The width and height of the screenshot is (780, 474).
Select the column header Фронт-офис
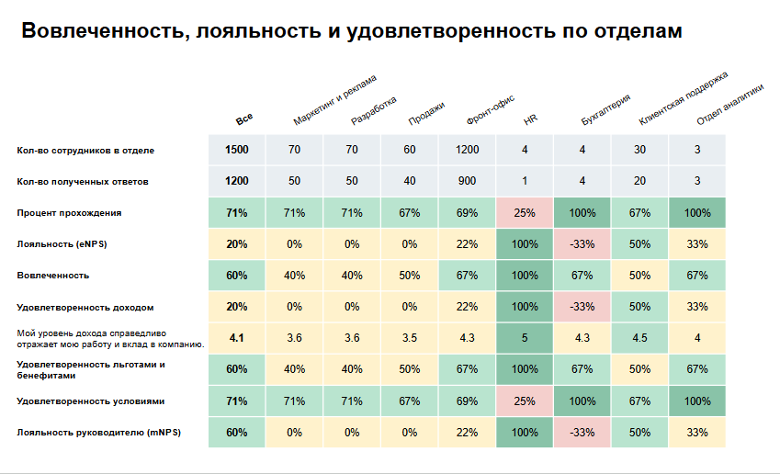(489, 109)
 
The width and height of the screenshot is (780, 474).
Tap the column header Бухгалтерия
(605, 107)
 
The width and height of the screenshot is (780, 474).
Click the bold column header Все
(243, 119)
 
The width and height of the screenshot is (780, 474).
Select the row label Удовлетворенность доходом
(79, 307)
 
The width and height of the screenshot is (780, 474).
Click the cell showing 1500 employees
(237, 150)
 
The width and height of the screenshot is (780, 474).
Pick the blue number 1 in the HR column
(525, 181)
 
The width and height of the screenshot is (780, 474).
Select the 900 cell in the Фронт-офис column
(467, 181)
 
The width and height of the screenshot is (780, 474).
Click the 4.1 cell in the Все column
(237, 338)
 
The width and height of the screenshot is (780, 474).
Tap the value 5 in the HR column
(525, 338)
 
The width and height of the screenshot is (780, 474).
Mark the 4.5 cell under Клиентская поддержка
(639, 338)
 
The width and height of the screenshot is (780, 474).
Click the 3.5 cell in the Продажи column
(410, 338)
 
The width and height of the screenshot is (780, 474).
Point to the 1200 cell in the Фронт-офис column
(467, 150)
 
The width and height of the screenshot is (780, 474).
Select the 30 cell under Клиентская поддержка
(639, 150)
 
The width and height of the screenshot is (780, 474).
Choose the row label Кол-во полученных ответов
(83, 182)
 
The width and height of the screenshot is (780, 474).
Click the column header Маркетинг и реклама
(335, 99)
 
